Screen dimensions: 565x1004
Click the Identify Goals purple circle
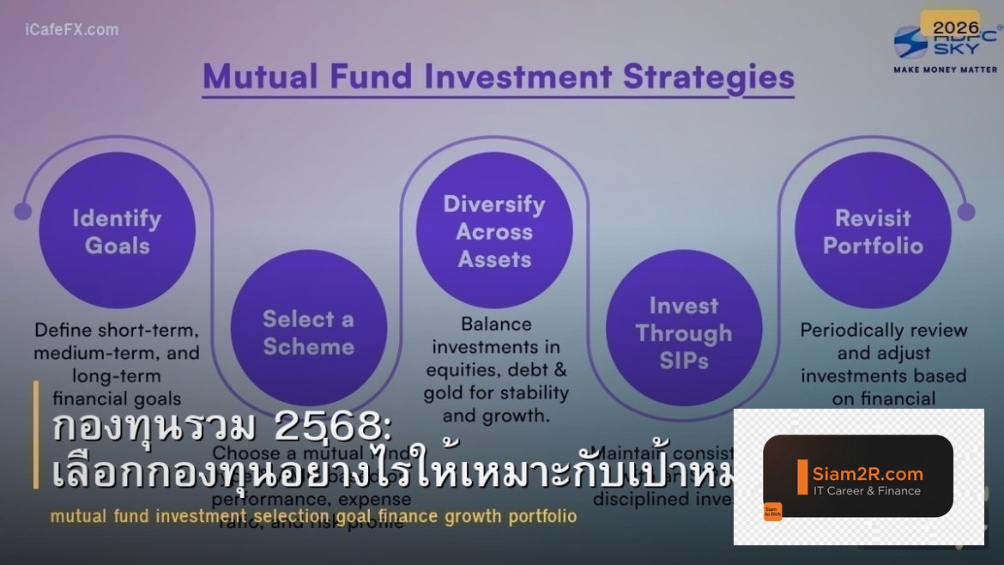117,230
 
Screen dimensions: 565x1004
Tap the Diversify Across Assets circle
494,230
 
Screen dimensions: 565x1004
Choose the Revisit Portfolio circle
873,230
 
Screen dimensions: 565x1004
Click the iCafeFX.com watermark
72,30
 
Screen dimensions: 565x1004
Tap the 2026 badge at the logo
949,27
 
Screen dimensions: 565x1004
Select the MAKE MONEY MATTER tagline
946,69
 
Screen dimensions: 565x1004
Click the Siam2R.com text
868,473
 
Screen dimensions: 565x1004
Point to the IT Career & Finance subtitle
867,491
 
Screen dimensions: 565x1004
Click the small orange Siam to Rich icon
772,511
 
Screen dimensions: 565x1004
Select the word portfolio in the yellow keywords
542,517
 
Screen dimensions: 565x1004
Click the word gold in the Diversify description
444,393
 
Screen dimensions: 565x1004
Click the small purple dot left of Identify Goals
23,211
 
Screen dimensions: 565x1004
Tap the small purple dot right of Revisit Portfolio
966,211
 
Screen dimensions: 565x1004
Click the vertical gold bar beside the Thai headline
36,434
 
